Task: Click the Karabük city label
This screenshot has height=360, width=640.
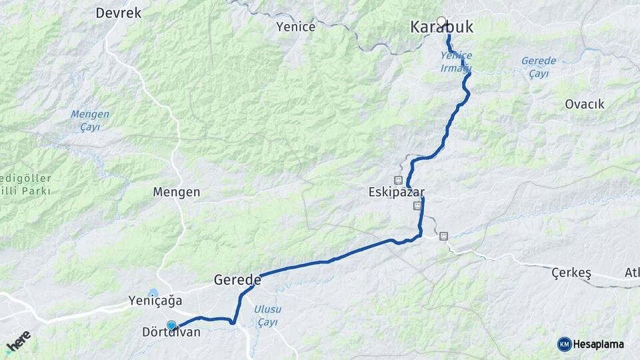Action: pyautogui.click(x=441, y=28)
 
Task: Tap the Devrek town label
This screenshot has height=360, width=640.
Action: pyautogui.click(x=119, y=13)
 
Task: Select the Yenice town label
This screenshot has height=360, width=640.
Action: pyautogui.click(x=295, y=27)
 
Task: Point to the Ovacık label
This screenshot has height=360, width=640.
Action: pyautogui.click(x=584, y=104)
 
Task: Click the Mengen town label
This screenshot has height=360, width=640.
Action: pyautogui.click(x=176, y=192)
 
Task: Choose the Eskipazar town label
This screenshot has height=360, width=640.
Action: pyautogui.click(x=396, y=192)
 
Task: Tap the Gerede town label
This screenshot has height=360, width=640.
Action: pyautogui.click(x=237, y=281)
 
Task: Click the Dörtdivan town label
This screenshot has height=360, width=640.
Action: pyautogui.click(x=171, y=332)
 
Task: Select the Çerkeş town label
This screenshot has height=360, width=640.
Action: pyautogui.click(x=572, y=273)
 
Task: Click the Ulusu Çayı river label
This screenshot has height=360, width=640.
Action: pyautogui.click(x=268, y=315)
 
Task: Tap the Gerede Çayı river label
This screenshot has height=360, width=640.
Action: pyautogui.click(x=538, y=67)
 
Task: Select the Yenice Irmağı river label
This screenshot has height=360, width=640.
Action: pyautogui.click(x=456, y=62)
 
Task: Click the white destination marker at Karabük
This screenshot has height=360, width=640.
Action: pyautogui.click(x=441, y=21)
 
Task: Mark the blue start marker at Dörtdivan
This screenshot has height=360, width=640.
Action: pyautogui.click(x=171, y=325)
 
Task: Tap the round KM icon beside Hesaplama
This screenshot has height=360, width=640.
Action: pyautogui.click(x=564, y=344)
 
